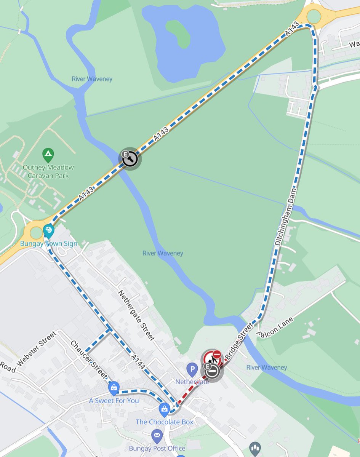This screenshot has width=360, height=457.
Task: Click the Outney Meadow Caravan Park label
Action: pos(48,171)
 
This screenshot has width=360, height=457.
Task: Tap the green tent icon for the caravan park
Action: pos(48,154)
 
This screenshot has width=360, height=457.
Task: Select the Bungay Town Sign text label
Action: pos(55,244)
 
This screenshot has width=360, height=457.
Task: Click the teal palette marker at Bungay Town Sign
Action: pos(48,230)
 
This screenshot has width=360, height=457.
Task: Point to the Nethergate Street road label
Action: pos(136,315)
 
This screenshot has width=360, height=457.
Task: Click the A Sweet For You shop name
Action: pos(114,401)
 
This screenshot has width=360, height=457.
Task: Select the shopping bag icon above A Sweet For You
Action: pos(114,388)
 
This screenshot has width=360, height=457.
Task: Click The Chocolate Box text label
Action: pos(165,422)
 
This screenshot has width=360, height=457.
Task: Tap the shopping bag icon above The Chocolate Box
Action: pos(164,409)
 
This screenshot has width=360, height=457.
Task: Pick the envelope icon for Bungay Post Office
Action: pos(157,435)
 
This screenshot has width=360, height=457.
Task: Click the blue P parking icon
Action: pos(192,369)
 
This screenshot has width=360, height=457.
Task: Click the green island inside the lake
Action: pos(178,34)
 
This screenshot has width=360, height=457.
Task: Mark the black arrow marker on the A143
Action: pos(130,158)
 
